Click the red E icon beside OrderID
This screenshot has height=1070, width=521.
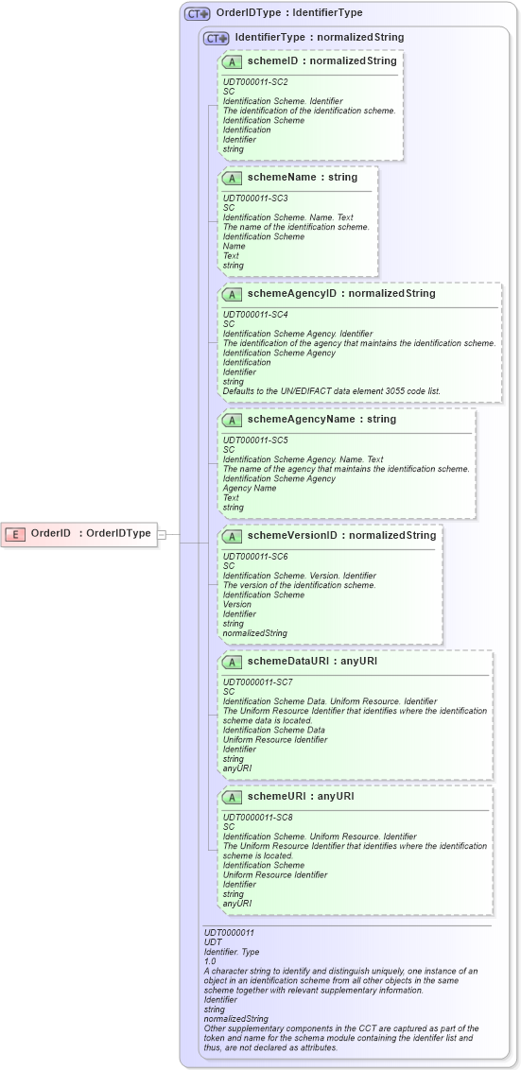(15, 533)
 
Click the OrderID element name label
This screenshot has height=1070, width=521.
(51, 533)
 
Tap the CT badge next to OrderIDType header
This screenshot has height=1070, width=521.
(198, 13)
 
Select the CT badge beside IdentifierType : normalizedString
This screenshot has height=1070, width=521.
(217, 38)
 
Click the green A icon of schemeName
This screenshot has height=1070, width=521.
(232, 177)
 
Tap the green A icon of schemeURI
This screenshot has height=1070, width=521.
(232, 797)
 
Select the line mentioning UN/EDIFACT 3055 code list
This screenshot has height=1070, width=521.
(331, 390)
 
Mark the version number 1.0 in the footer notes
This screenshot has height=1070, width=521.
(210, 960)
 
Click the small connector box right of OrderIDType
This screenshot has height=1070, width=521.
(162, 534)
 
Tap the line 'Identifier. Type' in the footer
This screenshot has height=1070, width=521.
(232, 951)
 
